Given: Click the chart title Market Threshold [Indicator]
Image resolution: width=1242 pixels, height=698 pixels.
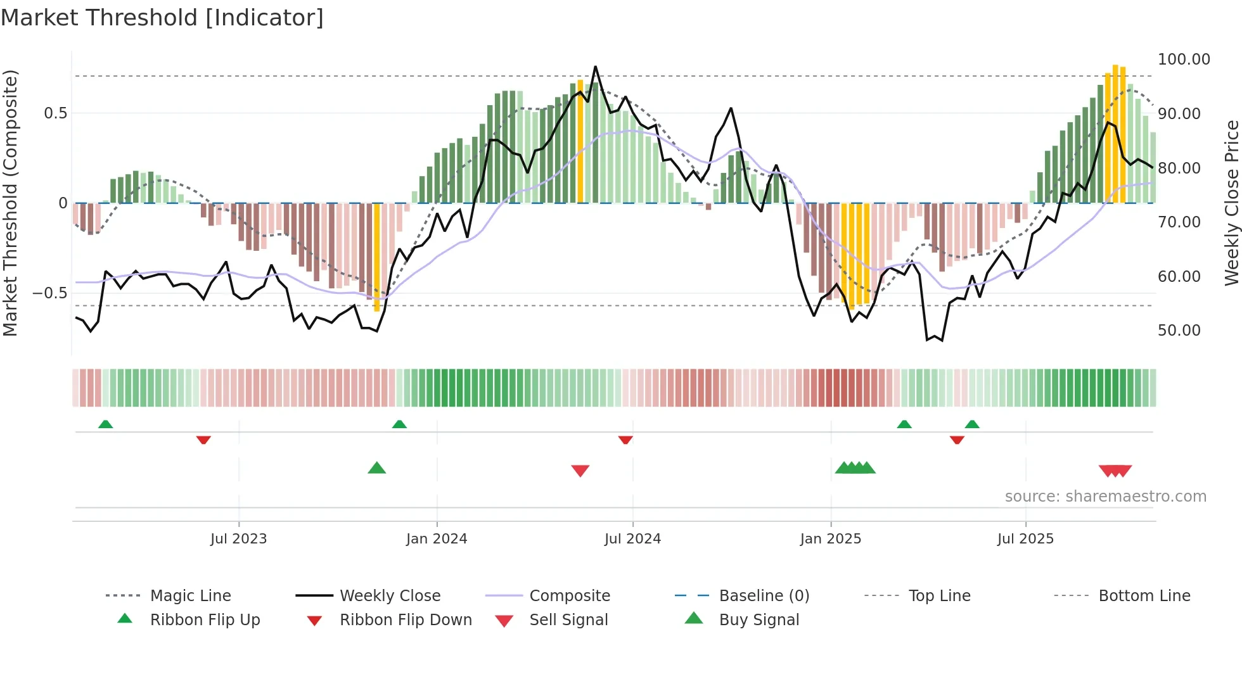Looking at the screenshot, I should [x=162, y=18].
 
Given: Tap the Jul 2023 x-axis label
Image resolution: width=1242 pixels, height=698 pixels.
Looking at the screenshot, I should [x=238, y=539].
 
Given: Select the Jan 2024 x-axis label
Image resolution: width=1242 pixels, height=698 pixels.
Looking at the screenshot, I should [x=437, y=539].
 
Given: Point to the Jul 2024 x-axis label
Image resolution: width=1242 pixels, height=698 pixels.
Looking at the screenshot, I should [x=632, y=539].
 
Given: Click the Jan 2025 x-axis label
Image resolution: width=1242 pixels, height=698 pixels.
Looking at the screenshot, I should [x=830, y=539].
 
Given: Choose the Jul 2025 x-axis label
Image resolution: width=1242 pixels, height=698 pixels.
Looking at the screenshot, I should [x=1025, y=539].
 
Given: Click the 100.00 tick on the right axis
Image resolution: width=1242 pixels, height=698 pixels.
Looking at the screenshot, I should [x=1184, y=60].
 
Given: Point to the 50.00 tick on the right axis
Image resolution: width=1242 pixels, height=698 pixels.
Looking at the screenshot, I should [x=1179, y=331].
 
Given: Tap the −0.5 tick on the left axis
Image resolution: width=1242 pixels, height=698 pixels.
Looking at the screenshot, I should [x=49, y=293].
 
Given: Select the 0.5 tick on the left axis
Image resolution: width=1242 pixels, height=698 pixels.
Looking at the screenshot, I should [x=55, y=113].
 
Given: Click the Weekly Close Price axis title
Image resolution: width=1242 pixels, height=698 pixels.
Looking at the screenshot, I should [x=1231, y=203].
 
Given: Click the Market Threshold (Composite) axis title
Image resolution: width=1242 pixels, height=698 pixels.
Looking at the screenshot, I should [x=10, y=203].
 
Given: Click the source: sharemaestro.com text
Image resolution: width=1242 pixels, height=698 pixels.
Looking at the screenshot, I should [x=1105, y=497].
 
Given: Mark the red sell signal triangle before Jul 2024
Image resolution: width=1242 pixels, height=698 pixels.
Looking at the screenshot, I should [x=580, y=470].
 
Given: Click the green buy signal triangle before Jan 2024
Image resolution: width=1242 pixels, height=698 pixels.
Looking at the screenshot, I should [x=376, y=468].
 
